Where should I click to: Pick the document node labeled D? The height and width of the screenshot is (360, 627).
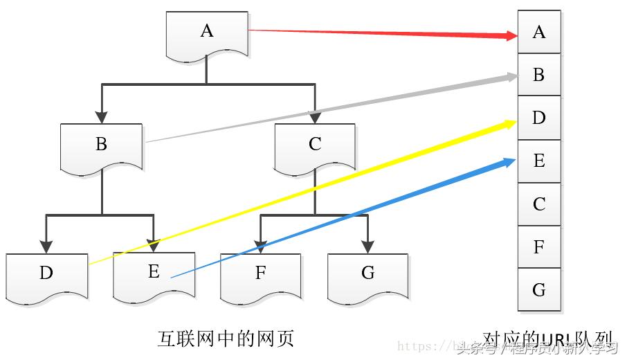coord(46,274)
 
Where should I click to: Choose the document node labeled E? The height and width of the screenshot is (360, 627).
coord(154,274)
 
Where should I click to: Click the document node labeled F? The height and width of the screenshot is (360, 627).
coord(261,274)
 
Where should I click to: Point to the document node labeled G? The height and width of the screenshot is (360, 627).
coord(367,274)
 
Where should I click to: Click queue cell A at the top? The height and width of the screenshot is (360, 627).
coord(539,32)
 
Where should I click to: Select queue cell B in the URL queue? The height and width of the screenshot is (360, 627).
coord(539,75)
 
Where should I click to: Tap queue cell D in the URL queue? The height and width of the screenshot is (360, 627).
coord(539,118)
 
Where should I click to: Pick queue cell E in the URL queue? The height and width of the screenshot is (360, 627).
coord(539,161)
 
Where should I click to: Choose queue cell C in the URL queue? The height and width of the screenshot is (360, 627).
coord(539,204)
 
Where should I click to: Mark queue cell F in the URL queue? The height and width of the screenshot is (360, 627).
coord(539,247)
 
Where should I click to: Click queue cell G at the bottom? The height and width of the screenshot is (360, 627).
coord(539,290)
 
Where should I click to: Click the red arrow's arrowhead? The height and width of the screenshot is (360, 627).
coord(511,35)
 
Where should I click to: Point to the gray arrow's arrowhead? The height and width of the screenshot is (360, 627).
coord(511,77)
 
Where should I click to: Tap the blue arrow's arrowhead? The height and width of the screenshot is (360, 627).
coord(510,163)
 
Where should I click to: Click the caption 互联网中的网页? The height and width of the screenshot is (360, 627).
coord(226,339)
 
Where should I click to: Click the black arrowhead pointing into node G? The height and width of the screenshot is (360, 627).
coord(367,246)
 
